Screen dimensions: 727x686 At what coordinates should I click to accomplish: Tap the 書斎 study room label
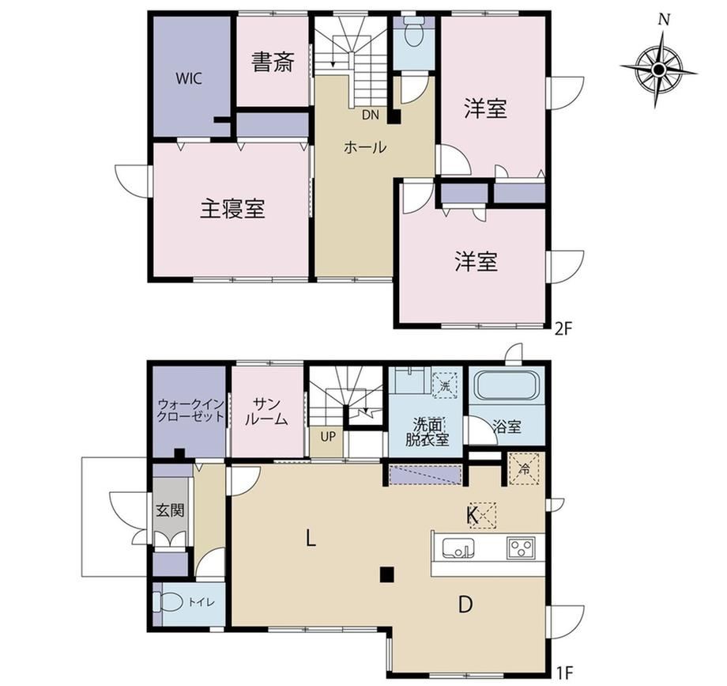[273, 63]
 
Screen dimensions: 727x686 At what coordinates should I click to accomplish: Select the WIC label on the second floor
[189, 78]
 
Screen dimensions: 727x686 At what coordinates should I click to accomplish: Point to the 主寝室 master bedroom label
[232, 209]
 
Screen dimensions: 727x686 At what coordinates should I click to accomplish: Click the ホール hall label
[365, 147]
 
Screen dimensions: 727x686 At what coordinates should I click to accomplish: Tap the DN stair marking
[370, 115]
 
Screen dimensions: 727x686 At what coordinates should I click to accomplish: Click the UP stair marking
[328, 437]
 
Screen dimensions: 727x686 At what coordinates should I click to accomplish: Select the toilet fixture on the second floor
[413, 32]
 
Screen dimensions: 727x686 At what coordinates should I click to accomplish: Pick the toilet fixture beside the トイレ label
[167, 603]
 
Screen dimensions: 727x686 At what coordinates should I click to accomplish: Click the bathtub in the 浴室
[507, 385]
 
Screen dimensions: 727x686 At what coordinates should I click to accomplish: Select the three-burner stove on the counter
[521, 547]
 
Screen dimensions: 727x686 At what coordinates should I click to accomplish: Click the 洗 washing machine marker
[445, 385]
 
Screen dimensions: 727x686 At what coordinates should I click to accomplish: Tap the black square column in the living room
[387, 574]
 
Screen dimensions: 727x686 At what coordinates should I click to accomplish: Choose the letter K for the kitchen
[473, 514]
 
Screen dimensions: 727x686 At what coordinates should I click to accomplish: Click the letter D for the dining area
[465, 605]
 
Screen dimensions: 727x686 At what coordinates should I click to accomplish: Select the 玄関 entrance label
[170, 510]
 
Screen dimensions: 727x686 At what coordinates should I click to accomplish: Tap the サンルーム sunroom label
[266, 411]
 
